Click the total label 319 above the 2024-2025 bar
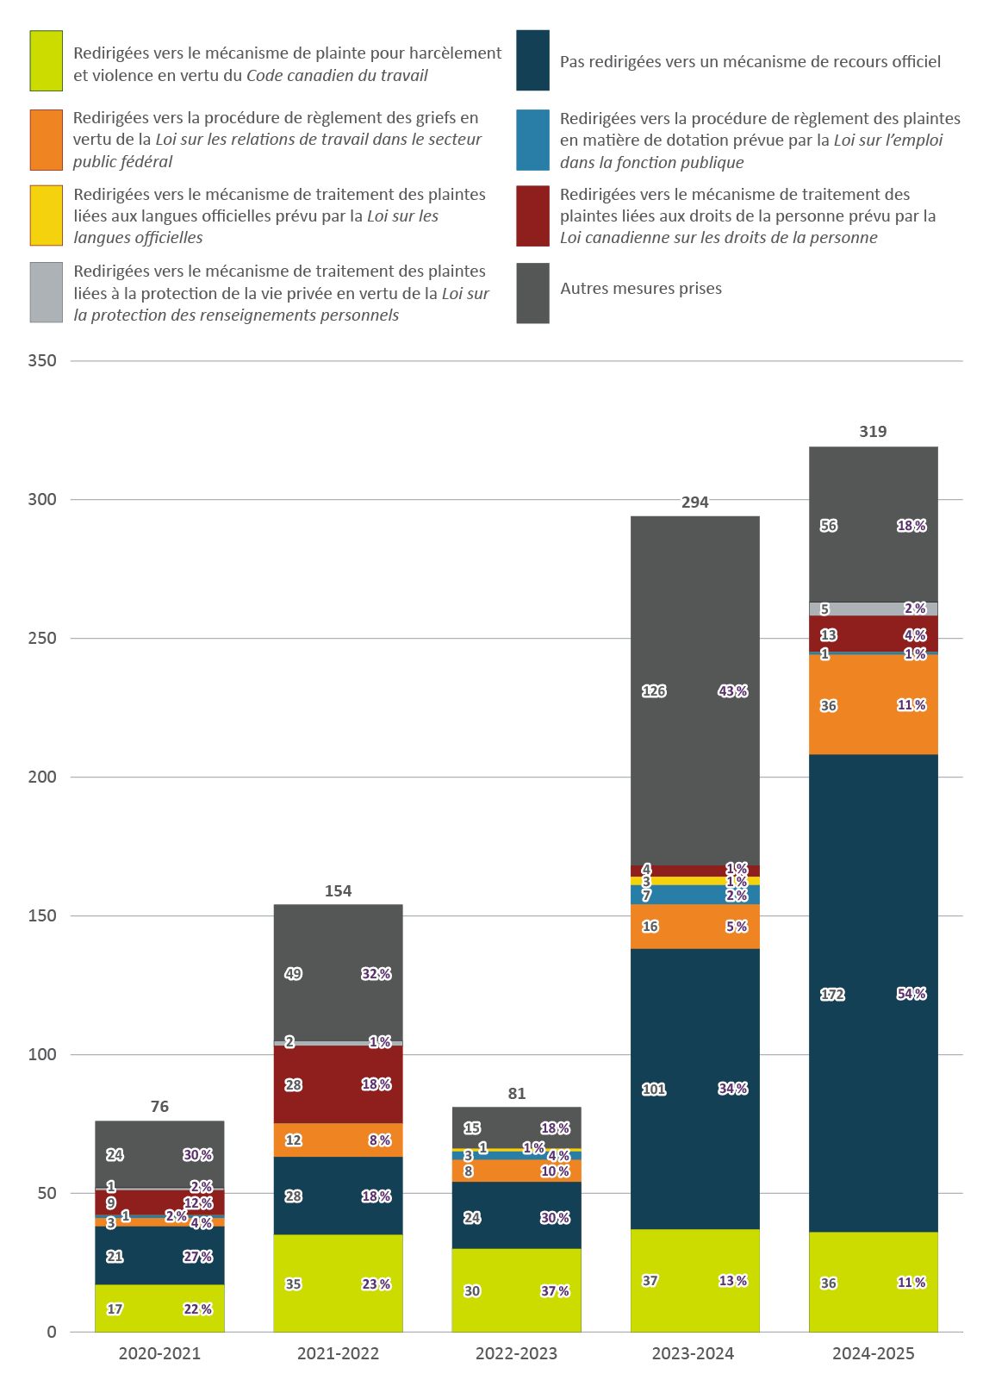pos(872,431)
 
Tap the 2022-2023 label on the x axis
pos(516,1353)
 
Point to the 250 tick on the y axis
pos(42,638)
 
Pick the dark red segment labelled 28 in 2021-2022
pos(338,1084)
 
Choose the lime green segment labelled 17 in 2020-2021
pos(159,1308)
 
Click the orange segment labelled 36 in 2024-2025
pos(873,705)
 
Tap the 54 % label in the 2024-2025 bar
pos(911,994)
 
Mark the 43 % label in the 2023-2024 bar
pos(733,691)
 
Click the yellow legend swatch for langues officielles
pos(47,215)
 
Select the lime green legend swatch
pos(47,60)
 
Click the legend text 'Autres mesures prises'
pos(641,289)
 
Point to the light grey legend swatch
pos(47,293)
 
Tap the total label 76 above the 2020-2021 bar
pos(159,1106)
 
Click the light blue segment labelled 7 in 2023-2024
pos(694,895)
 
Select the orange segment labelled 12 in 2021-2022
pos(338,1140)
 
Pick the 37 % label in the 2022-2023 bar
pos(555,1290)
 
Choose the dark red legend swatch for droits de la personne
pos(532,216)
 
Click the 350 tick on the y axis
pos(42,360)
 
